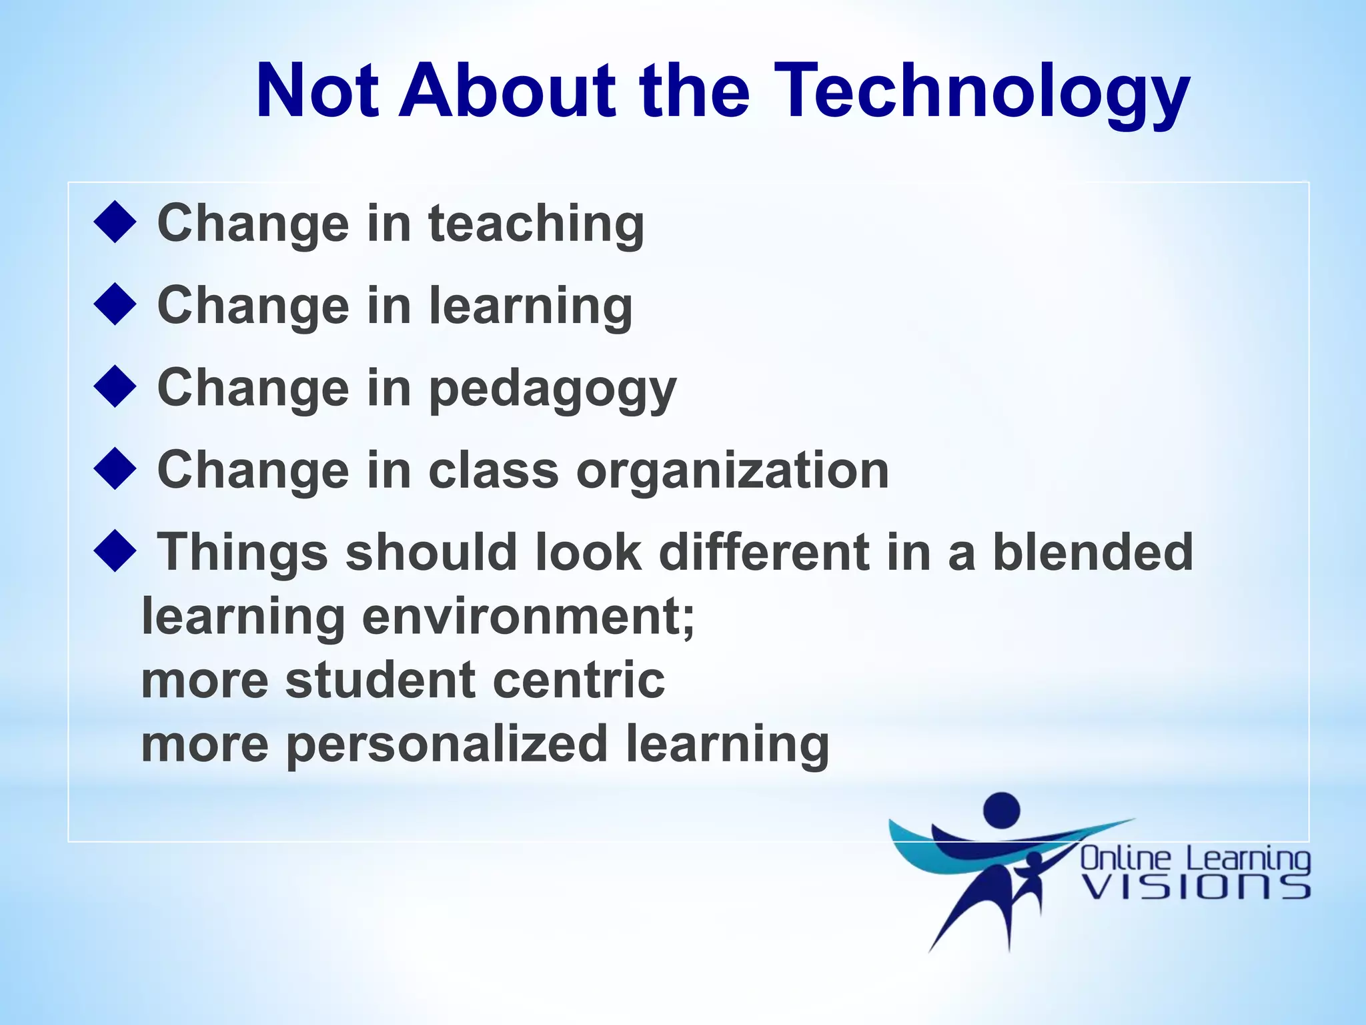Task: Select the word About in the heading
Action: coord(507,90)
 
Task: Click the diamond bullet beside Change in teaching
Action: coord(115,222)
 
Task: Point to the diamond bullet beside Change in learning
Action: coord(115,304)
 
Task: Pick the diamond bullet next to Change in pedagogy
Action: coord(115,386)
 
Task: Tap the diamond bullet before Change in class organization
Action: coord(115,469)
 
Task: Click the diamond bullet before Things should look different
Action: coord(115,551)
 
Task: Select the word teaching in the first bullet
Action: coord(536,224)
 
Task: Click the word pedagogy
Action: coord(552,389)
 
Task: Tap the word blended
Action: coord(1093,553)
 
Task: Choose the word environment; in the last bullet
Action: coord(528,617)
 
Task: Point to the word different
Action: coord(764,553)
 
